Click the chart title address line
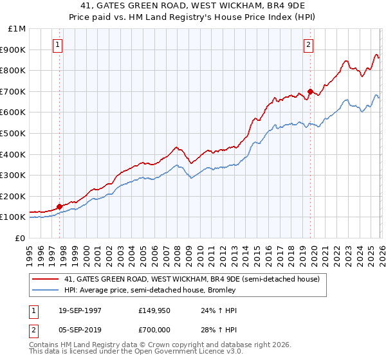pyautogui.click(x=193, y=6)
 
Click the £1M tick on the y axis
pyautogui.click(x=17, y=29)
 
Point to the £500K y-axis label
pyautogui.click(x=14, y=134)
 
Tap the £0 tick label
pyautogui.click(x=21, y=238)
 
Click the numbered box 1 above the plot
pyautogui.click(x=59, y=45)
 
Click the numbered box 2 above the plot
pyautogui.click(x=309, y=45)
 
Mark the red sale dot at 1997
pyautogui.click(x=60, y=206)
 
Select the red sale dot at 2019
pyautogui.click(x=309, y=91)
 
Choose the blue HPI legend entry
pyautogui.click(x=150, y=290)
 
